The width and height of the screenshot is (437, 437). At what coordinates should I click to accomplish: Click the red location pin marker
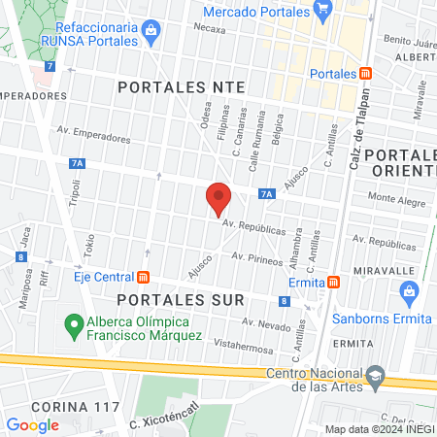click(x=219, y=198)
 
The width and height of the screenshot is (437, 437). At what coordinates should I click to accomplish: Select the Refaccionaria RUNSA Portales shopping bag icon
click(x=151, y=31)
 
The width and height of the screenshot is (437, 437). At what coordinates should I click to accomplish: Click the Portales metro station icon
click(x=365, y=73)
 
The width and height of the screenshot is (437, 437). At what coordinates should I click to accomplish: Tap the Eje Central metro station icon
click(x=144, y=276)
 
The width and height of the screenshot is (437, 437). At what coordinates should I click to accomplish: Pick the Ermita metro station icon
click(x=333, y=282)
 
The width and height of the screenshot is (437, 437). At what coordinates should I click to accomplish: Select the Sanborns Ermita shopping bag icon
click(x=409, y=290)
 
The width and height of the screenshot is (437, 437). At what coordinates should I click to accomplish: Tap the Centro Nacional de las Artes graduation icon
click(x=375, y=376)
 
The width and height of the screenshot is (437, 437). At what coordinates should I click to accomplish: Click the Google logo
click(x=33, y=424)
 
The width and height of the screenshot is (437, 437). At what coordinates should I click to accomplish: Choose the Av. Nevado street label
click(x=266, y=324)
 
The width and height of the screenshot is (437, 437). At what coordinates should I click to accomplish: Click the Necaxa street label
click(x=209, y=29)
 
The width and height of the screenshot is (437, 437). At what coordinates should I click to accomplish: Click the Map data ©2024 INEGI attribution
click(x=380, y=429)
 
